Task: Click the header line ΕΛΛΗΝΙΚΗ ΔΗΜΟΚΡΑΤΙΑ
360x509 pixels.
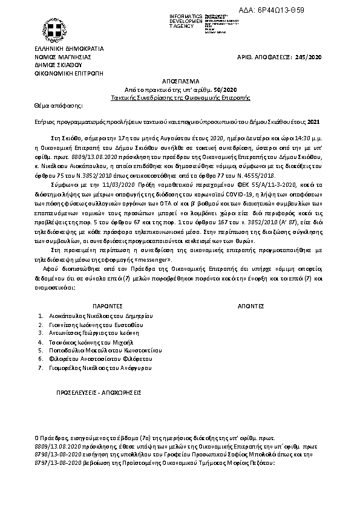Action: (x=69, y=48)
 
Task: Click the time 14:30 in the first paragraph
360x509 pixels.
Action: (x=295, y=138)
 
